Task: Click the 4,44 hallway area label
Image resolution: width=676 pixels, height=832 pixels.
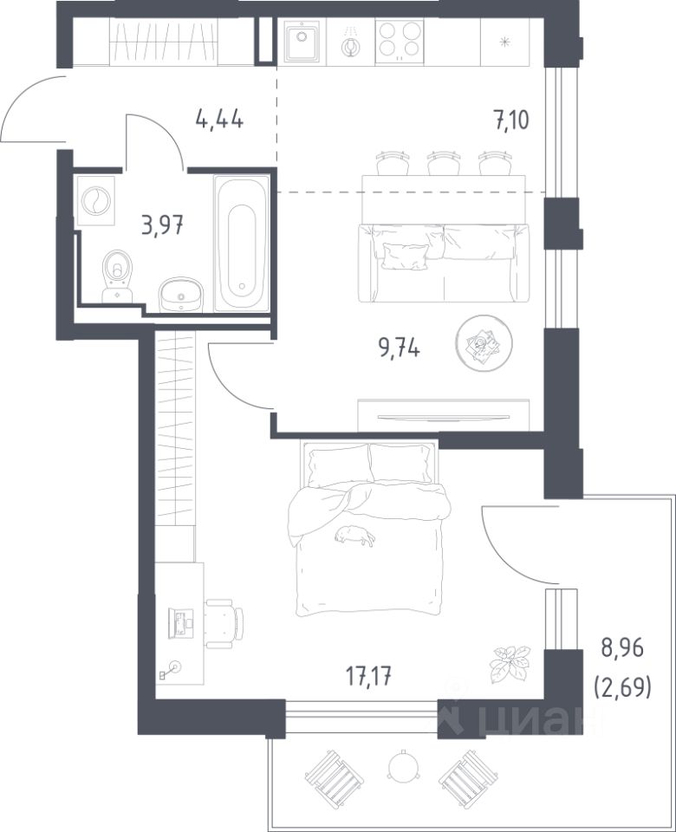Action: (219, 120)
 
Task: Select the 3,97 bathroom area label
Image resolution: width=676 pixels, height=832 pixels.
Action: (162, 225)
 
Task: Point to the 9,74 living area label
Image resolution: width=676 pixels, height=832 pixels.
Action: (399, 348)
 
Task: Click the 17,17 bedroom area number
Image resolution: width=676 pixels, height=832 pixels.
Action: (369, 676)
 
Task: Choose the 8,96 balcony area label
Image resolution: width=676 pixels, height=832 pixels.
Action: (622, 648)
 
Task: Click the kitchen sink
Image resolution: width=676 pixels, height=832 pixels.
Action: (302, 42)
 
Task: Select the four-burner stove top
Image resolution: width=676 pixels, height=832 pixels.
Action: (400, 42)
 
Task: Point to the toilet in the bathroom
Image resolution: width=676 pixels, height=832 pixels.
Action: (117, 276)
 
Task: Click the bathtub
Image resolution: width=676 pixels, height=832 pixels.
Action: (242, 243)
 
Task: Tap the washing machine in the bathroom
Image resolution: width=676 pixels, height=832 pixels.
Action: (96, 200)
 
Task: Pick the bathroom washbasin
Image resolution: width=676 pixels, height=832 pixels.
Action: (181, 296)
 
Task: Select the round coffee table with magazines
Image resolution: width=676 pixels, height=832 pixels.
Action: (484, 343)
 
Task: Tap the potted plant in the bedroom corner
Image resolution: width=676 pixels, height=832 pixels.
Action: (510, 663)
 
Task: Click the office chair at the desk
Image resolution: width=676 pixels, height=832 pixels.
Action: (224, 623)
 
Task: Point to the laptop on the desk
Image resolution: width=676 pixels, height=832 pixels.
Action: (180, 623)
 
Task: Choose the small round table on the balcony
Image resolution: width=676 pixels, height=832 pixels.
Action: (404, 766)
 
